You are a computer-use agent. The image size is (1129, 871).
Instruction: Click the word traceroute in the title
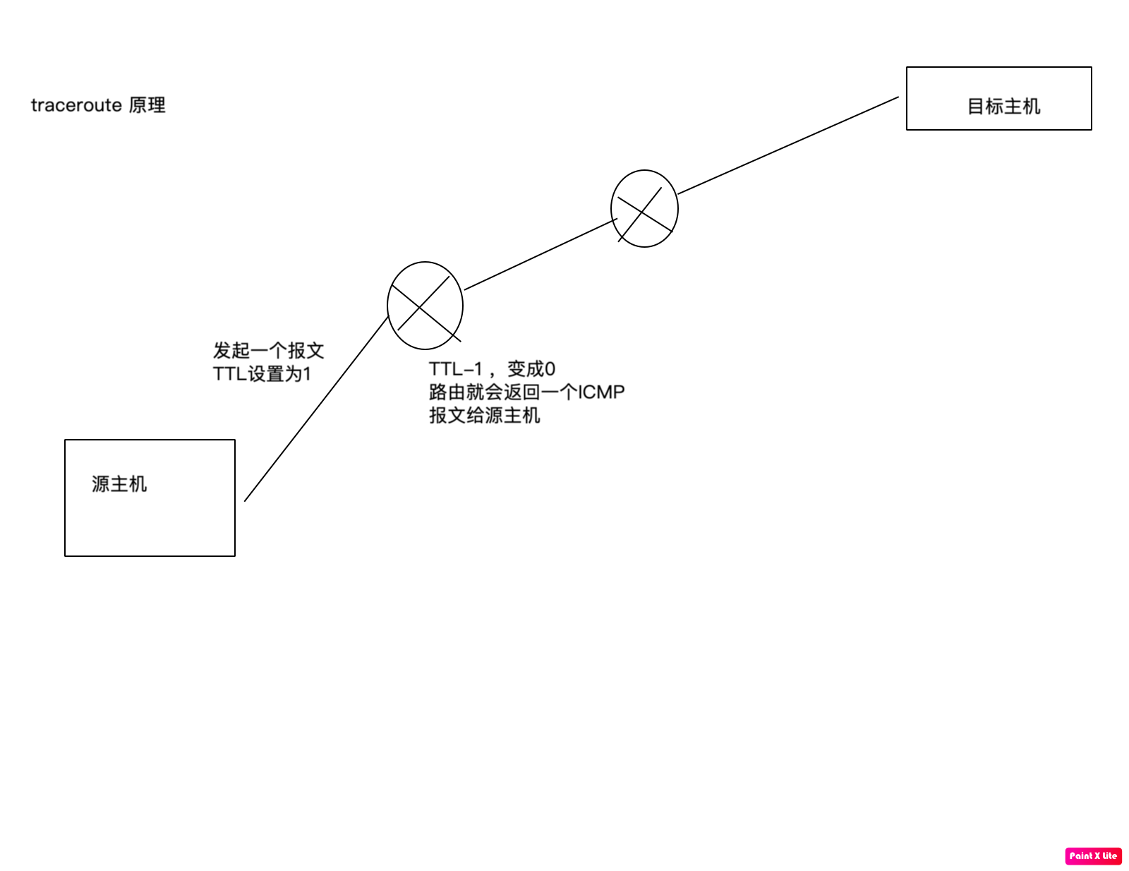[x=76, y=105]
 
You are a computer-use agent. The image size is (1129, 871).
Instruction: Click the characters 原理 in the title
[x=147, y=105]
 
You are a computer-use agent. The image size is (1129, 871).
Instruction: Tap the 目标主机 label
[x=1003, y=107]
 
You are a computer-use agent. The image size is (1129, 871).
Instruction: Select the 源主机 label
[x=119, y=484]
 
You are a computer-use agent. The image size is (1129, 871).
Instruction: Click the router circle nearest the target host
[x=644, y=208]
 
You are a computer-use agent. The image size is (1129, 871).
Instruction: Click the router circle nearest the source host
[x=425, y=306]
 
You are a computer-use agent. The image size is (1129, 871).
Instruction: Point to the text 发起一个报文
[x=268, y=350]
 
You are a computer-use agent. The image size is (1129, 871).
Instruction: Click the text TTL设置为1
[x=262, y=373]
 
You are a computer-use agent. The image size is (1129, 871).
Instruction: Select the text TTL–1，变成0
[x=492, y=368]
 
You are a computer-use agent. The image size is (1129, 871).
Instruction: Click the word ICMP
[x=601, y=392]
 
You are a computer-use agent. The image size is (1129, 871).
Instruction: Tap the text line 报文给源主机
[x=484, y=415]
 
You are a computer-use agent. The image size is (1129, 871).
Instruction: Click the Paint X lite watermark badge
[x=1093, y=855]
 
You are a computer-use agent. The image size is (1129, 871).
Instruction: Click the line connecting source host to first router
[x=315, y=409]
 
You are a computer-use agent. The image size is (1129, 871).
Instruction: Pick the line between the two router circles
[x=540, y=254]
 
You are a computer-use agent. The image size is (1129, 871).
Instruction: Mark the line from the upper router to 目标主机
[x=788, y=145]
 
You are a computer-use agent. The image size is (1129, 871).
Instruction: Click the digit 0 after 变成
[x=550, y=368]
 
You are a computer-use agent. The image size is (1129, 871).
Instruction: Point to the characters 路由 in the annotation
[x=447, y=392]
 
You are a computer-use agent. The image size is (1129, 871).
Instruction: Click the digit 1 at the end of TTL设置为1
[x=307, y=373]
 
